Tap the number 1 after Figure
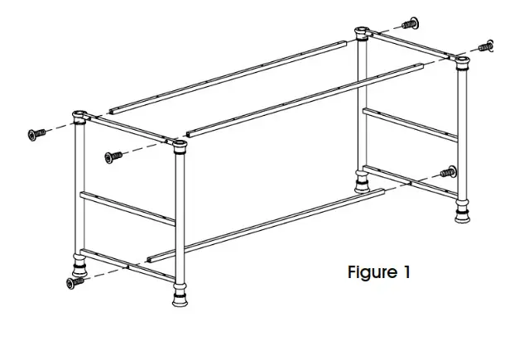[406, 272]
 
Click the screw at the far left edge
[36, 133]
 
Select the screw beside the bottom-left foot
[75, 282]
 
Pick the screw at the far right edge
[488, 46]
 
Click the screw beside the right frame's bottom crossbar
[448, 172]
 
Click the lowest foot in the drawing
[179, 297]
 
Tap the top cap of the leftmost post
[81, 116]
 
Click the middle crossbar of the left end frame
[128, 207]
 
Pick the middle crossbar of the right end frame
[411, 123]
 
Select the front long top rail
[302, 96]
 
